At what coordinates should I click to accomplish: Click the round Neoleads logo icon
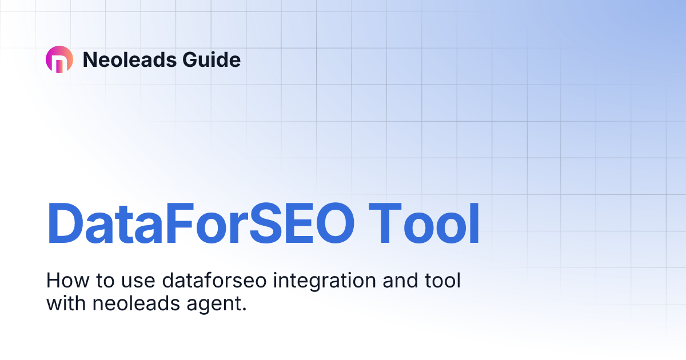(59, 59)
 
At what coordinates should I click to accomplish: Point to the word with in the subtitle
(65, 303)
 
